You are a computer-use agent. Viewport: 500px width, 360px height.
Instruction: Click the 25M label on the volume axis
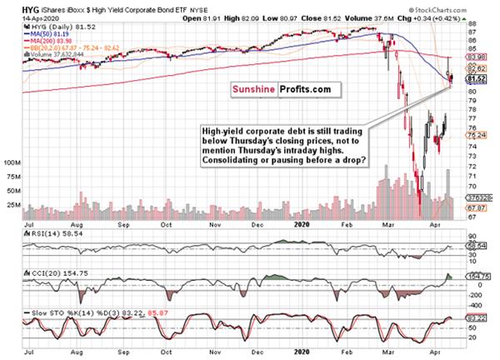tap(12, 203)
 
